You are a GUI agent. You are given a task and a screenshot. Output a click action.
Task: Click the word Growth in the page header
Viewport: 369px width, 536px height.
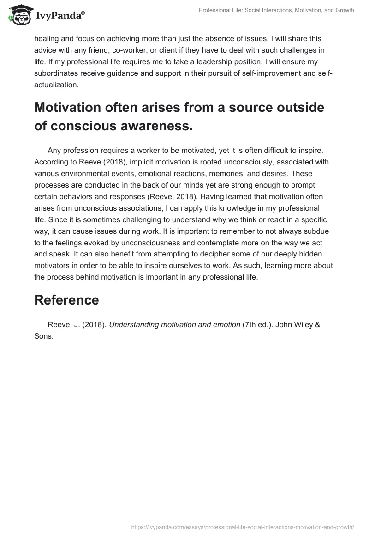343,10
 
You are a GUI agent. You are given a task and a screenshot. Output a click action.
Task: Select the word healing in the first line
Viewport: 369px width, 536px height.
47,38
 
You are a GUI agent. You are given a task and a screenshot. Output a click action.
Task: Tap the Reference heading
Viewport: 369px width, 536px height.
66,300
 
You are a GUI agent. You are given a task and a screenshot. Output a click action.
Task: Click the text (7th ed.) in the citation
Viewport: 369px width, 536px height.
259,324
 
